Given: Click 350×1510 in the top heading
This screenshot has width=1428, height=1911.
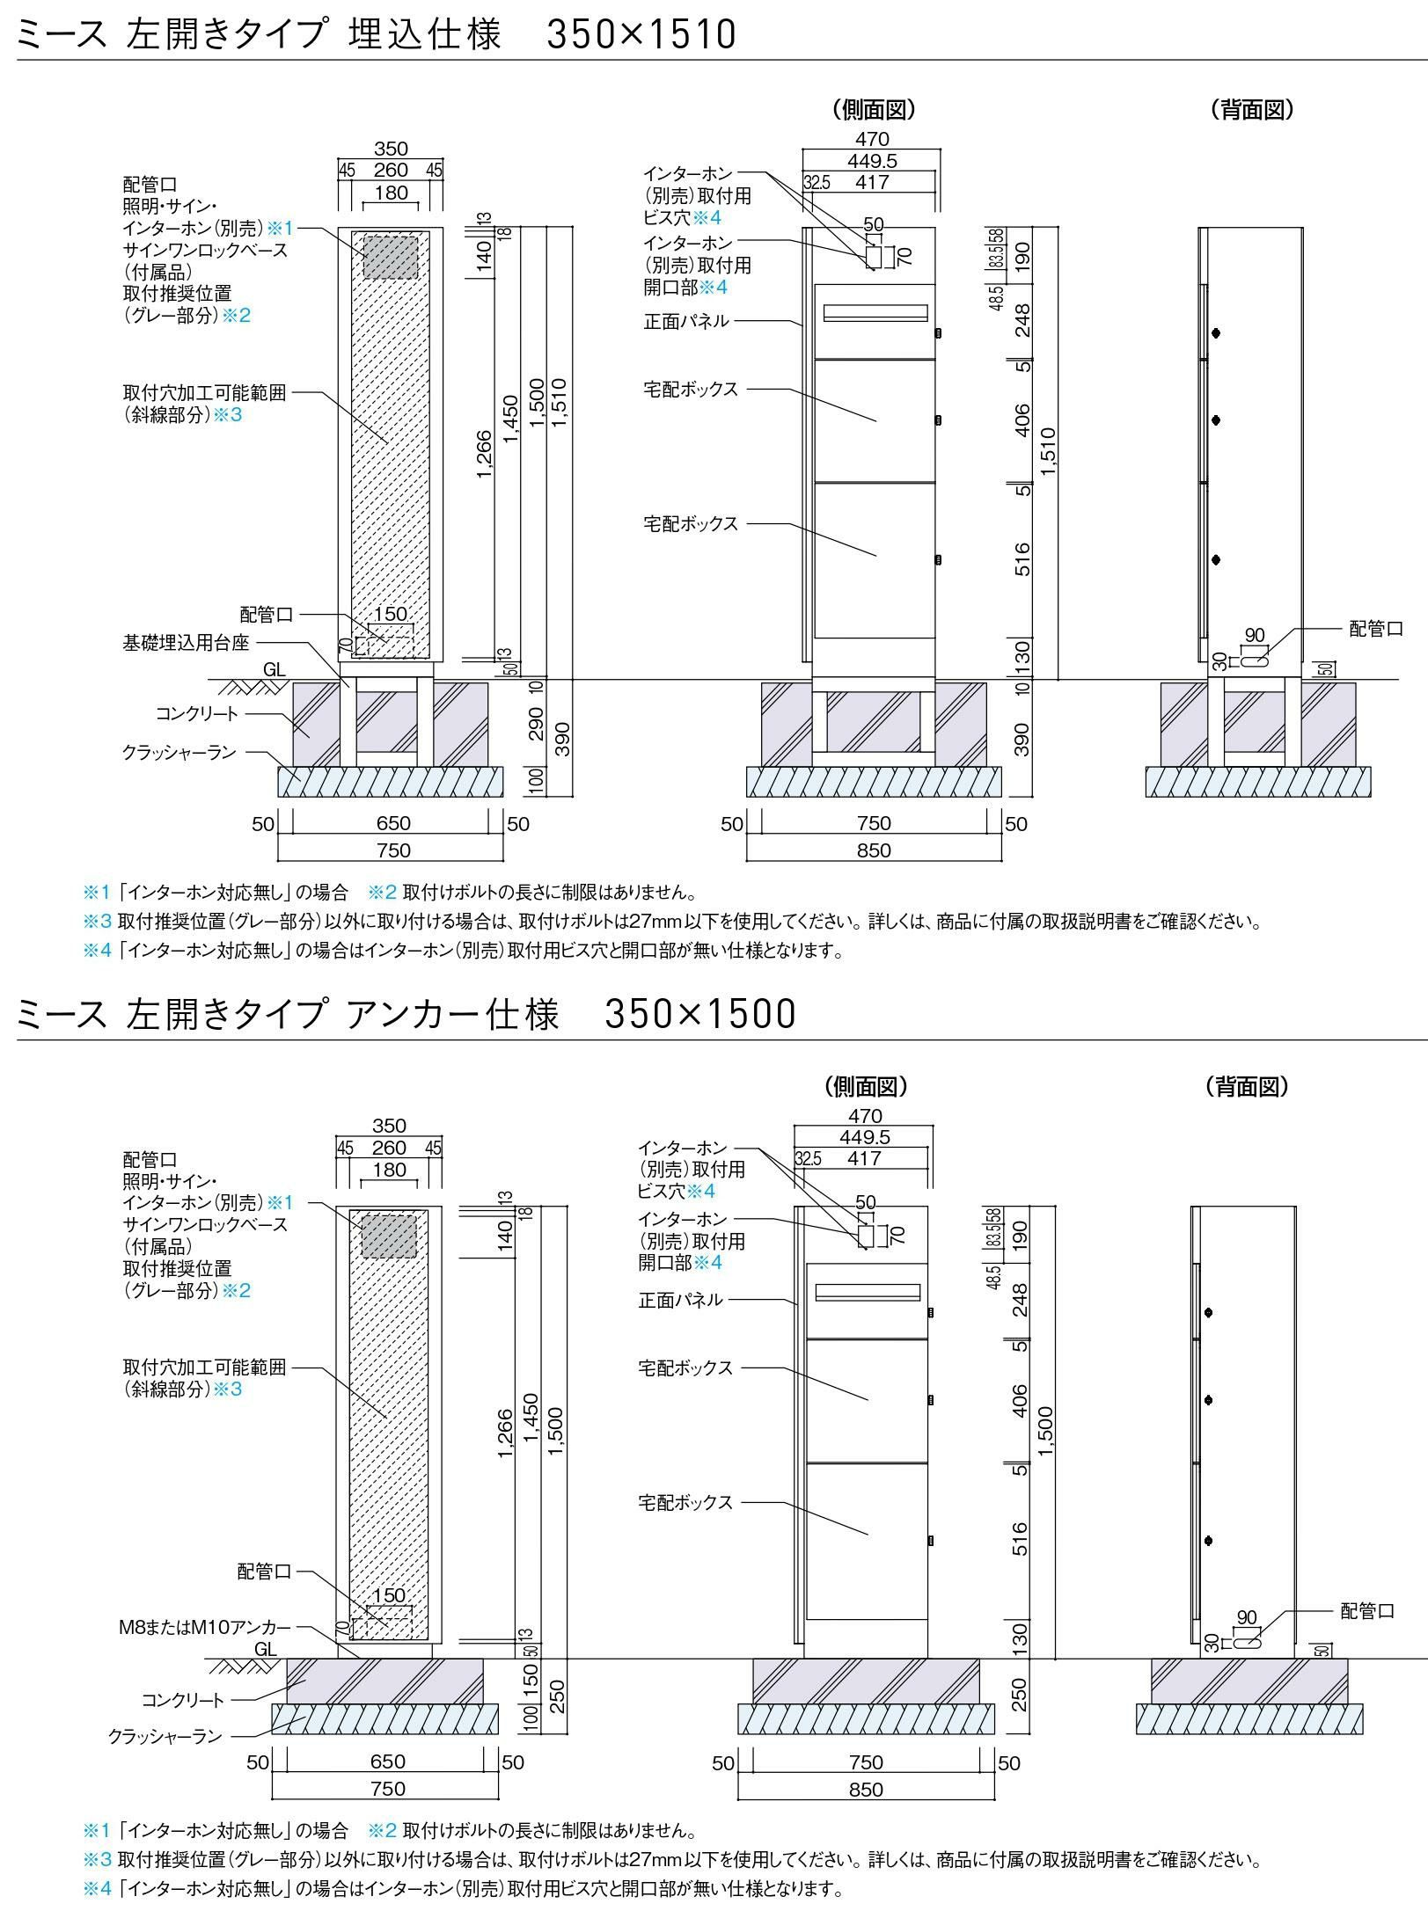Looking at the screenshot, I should [x=641, y=34].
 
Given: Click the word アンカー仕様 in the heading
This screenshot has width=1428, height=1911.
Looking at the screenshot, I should [x=453, y=1014].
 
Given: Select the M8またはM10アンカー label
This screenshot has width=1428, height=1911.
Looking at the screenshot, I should [x=204, y=1627].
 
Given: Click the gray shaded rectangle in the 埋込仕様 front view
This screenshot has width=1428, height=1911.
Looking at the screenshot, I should [x=391, y=258].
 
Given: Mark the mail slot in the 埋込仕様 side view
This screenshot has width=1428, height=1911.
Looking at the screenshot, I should [x=875, y=312].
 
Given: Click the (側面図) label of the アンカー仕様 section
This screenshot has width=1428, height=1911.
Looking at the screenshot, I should [x=866, y=1086].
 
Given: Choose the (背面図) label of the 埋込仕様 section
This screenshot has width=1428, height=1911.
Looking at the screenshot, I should [x=1252, y=109].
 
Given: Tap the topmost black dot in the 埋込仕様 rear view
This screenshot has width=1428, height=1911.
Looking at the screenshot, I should [x=1216, y=333].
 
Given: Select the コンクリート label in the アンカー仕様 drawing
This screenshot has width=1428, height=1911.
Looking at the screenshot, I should [x=183, y=1701].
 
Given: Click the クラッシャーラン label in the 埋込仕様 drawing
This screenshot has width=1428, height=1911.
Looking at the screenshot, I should [x=179, y=753].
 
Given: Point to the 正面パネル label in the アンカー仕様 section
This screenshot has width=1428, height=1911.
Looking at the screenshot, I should [x=680, y=1299].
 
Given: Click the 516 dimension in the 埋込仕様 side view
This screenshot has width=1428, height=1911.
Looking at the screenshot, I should [x=1022, y=559].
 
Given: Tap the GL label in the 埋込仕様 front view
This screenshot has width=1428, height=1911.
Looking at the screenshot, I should [x=275, y=669].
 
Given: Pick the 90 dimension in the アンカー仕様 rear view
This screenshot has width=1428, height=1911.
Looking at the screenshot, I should [x=1247, y=1617].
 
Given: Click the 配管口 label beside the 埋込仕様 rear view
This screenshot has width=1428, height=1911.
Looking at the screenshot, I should [x=1375, y=629].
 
